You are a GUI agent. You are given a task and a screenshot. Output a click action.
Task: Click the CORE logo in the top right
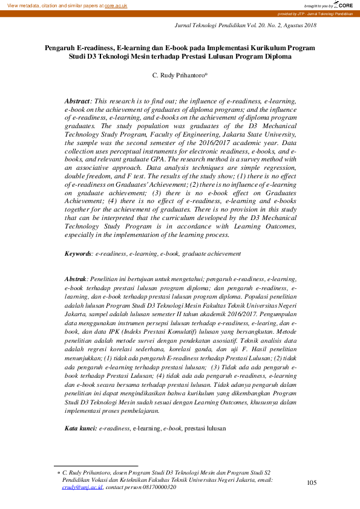343,5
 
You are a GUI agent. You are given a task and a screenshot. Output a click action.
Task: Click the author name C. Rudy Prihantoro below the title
179,76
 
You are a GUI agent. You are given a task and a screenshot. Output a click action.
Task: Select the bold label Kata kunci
80,429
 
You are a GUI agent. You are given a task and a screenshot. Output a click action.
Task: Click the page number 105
312,482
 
